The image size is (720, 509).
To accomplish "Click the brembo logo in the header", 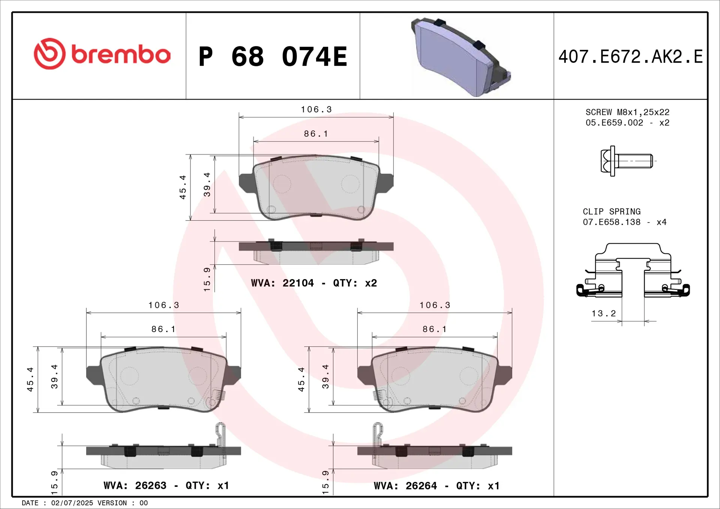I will (102, 54).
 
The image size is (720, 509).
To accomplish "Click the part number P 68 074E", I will (273, 57).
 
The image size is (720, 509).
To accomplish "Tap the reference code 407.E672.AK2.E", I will (630, 57).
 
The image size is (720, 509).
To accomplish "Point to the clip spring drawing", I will (633, 271).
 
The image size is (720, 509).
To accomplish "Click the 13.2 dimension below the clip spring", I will (603, 314).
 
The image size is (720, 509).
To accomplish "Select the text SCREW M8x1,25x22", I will (627, 112).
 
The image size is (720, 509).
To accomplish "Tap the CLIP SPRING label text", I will (612, 212).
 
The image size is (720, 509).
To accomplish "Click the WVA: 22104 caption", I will (282, 283).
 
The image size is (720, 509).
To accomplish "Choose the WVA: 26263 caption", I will (135, 486).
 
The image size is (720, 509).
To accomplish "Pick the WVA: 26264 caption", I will (405, 486).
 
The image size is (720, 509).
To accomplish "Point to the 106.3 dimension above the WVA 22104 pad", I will (316, 109).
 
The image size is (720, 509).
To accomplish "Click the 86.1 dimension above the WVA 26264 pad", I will (435, 329).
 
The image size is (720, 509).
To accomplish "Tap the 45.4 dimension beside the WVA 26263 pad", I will (30, 379).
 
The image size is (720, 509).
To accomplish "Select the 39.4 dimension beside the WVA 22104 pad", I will (207, 184).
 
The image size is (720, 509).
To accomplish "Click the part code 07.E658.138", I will (612, 222).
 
